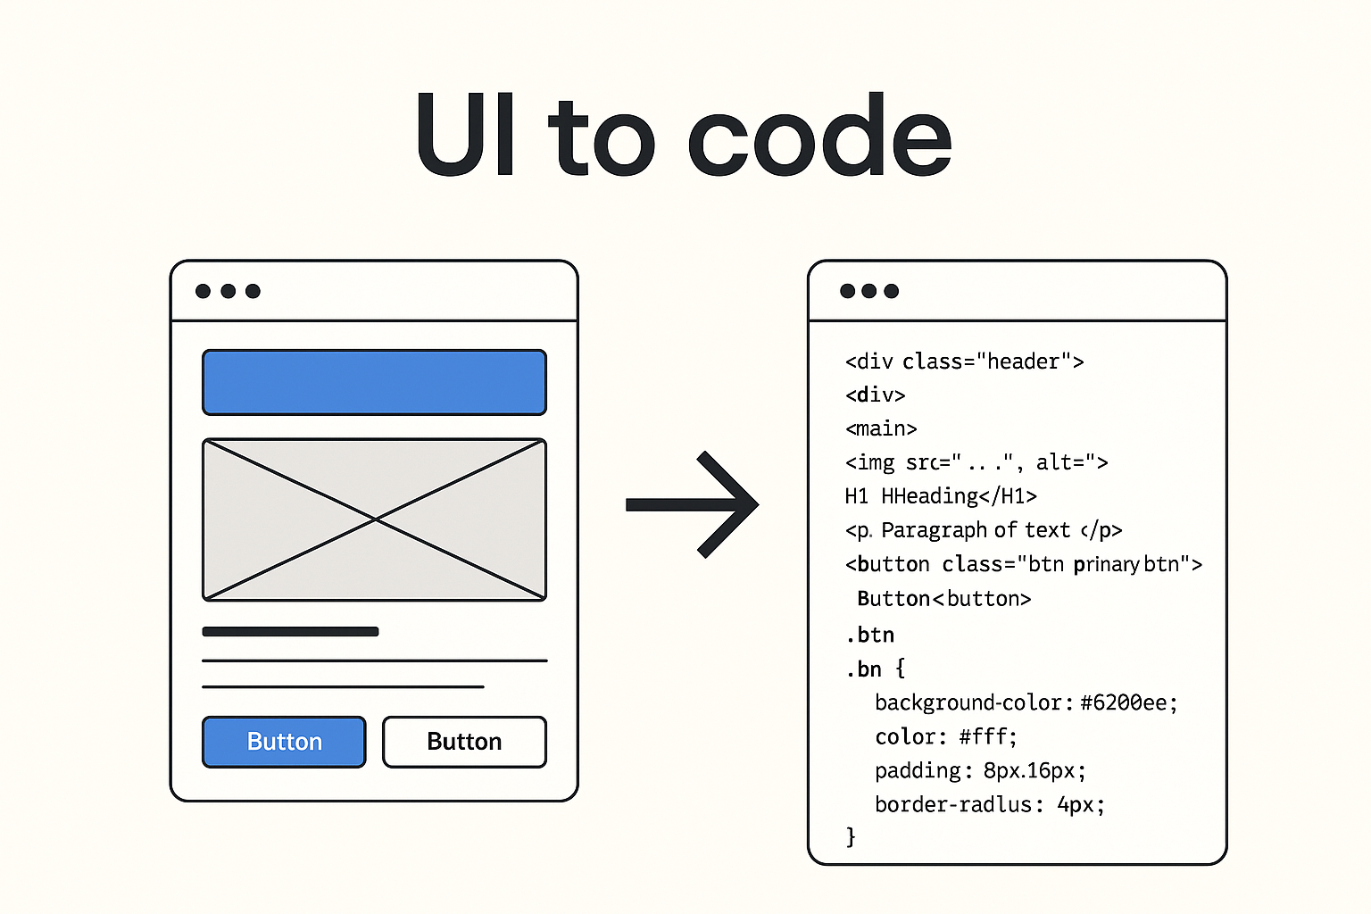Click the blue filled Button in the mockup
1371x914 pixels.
[284, 742]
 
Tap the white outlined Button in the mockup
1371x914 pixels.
[464, 742]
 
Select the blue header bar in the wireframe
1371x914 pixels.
[374, 382]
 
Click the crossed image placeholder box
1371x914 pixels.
[374, 519]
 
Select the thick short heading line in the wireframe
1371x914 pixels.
[290, 632]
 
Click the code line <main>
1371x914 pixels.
[881, 428]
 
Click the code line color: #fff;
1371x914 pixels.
[945, 737]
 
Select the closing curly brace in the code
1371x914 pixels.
[851, 836]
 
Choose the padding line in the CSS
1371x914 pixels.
[979, 771]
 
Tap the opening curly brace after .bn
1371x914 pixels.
[900, 669]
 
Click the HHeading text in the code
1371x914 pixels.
[930, 496]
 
